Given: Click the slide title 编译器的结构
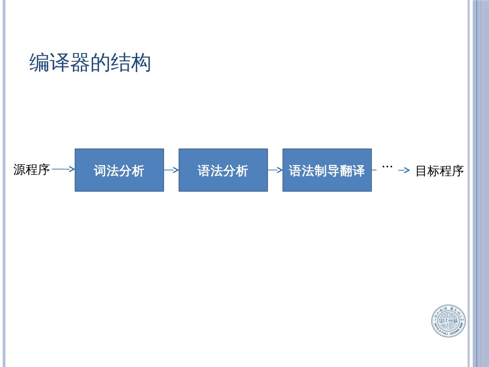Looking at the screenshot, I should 90,63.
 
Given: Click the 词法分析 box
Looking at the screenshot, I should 119,170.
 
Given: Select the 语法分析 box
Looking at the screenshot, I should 223,170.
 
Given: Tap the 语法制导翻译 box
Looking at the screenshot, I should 327,170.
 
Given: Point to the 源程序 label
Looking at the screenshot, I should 32,169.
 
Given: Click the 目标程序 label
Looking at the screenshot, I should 439,171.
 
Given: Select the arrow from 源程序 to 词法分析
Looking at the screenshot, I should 64,169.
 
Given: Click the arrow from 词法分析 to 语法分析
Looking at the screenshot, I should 171,170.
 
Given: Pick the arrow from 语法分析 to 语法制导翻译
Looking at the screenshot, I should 275,170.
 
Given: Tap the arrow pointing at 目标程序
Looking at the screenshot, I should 404,170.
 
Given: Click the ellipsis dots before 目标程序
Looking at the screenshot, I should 387,167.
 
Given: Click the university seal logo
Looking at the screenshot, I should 448,321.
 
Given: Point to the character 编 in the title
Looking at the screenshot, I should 39,63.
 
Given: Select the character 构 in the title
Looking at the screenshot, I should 141,63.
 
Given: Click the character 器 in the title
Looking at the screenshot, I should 80,63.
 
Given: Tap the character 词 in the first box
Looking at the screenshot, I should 100,171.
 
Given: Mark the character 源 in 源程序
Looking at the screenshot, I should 19,169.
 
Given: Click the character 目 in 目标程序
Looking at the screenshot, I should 421,171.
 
